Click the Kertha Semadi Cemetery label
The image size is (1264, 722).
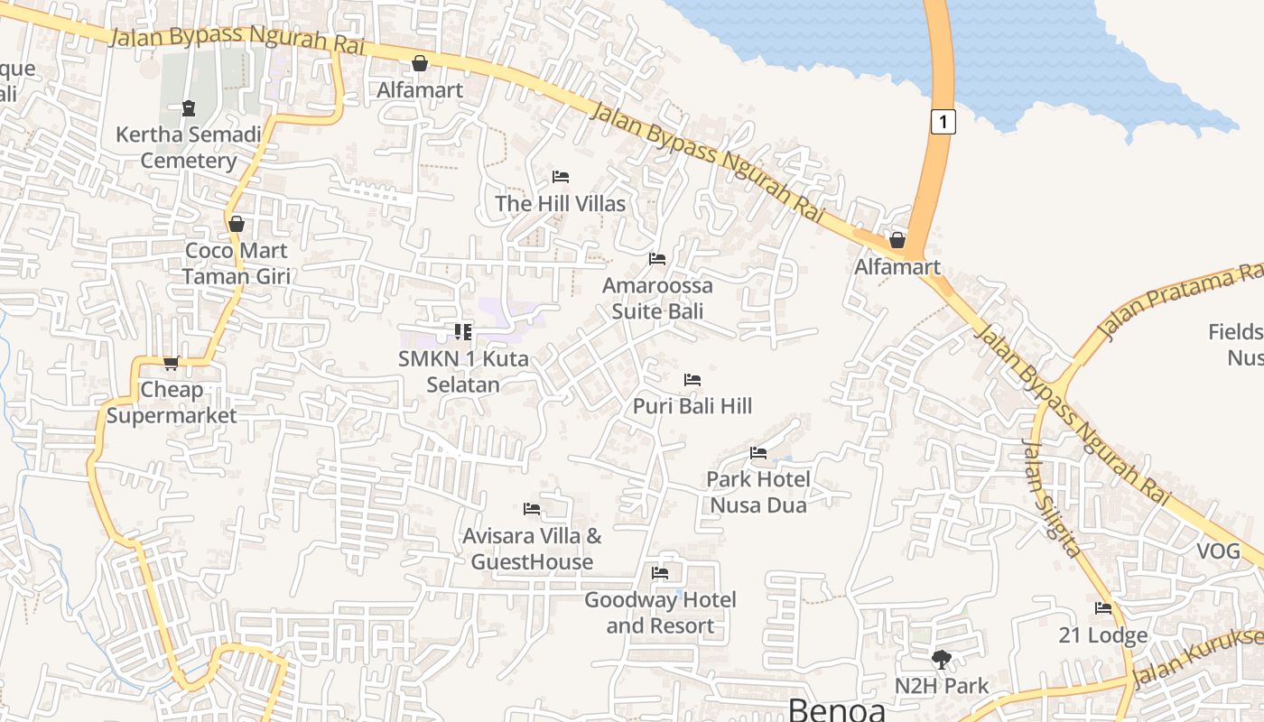188,148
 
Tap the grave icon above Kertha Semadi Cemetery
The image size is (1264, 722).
189,109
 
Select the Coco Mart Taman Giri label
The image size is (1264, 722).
237,264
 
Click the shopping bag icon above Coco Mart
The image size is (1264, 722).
237,223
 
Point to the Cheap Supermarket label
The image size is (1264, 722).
172,403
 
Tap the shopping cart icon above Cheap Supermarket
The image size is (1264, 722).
171,363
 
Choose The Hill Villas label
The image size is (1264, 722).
560,204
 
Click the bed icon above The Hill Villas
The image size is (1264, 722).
560,176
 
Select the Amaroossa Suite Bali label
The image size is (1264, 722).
657,299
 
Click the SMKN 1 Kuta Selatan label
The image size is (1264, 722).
463,371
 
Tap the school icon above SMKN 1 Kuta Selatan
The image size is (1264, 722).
463,331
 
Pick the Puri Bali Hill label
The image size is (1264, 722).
692,406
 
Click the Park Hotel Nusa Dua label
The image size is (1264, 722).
758,492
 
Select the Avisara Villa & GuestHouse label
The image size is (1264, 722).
532,549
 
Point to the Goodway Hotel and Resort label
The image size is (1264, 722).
660,613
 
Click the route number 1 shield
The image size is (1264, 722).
943,121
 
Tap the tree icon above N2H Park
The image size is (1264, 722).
942,660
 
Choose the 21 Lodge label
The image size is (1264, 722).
1102,635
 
